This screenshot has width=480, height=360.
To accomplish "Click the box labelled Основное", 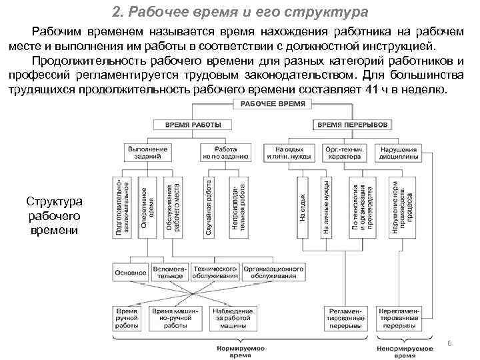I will [x=131, y=272].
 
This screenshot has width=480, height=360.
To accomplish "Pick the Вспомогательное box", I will [x=169, y=272].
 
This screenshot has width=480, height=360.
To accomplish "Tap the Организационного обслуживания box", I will [x=273, y=272].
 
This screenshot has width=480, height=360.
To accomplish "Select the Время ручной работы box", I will [x=127, y=319].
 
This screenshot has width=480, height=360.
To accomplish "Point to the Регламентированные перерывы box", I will [x=345, y=319].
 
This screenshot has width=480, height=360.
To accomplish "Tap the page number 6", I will [x=449, y=343].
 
